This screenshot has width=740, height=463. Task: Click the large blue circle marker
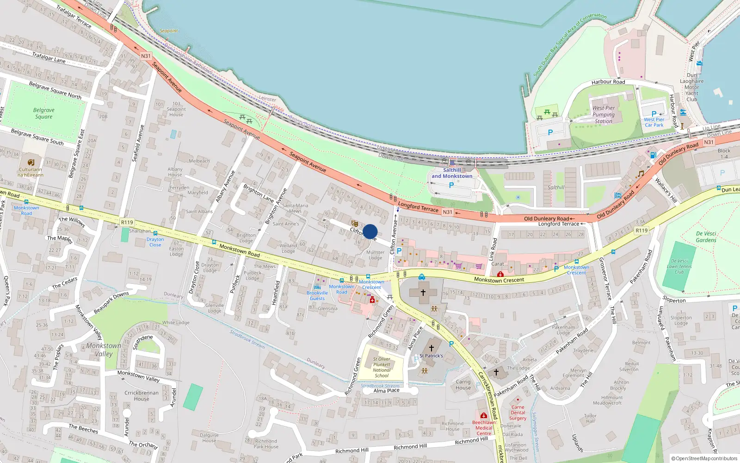tap(370, 231)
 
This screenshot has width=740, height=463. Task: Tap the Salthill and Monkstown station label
tap(452, 173)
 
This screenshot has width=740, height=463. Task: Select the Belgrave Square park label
tap(43, 113)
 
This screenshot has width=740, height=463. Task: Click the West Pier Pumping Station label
tap(604, 115)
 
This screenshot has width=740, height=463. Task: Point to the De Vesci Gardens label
tap(706, 237)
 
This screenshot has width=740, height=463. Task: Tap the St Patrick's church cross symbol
tap(432, 348)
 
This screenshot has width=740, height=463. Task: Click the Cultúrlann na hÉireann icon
tap(31, 162)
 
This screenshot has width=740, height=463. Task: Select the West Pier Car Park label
tap(654, 122)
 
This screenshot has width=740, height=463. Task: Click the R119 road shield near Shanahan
tap(127, 222)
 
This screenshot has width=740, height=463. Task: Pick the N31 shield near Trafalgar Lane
tap(146, 56)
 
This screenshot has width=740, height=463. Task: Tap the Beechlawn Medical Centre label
tap(484, 428)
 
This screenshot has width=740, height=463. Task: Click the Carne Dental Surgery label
tap(518, 413)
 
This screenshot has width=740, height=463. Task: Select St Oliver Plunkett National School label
tap(382, 367)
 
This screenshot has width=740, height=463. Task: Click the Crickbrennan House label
tap(141, 396)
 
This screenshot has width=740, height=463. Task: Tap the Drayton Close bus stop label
tap(155, 242)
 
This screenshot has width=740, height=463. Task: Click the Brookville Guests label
tap(317, 295)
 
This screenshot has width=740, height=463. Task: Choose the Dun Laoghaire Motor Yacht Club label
tap(691, 87)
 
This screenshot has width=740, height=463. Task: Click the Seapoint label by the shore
tap(168, 31)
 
